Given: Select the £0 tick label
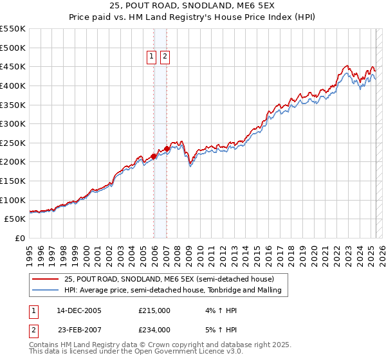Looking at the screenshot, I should (x=19, y=238).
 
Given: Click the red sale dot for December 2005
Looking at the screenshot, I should (x=154, y=156).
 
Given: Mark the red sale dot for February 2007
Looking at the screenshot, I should (x=167, y=148).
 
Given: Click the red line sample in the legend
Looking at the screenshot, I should (x=45, y=279).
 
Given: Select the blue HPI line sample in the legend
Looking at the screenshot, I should (x=45, y=291).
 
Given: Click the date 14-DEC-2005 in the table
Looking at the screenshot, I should (x=79, y=310).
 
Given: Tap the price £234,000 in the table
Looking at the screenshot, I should (x=154, y=330).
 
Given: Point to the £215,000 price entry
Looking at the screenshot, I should (x=154, y=310).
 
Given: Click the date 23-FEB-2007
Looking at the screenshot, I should (x=78, y=330).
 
